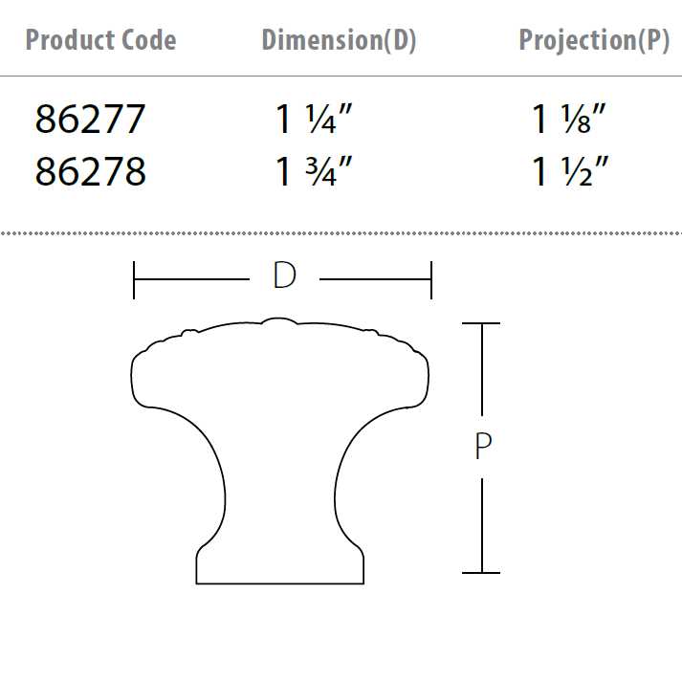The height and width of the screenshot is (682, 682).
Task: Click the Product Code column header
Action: [100, 40]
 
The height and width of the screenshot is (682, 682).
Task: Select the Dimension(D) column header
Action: [339, 40]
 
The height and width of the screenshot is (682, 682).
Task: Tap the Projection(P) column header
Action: [593, 40]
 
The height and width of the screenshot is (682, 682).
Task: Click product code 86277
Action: [90, 120]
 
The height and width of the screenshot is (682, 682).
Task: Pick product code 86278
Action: [90, 171]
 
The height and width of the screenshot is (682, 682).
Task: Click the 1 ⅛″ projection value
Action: [570, 120]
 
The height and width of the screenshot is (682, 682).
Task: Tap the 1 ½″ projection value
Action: [570, 171]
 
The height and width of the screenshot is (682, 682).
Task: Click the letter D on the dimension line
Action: [284, 276]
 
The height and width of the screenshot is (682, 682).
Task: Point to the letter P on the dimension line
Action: [482, 447]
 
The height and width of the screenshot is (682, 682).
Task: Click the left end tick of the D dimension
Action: [134, 279]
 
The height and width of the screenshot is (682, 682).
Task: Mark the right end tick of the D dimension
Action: [432, 279]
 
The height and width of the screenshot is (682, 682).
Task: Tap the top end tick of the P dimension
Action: [481, 324]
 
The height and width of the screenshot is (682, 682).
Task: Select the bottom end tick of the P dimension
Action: [481, 573]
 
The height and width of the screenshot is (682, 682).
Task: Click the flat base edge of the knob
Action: [280, 583]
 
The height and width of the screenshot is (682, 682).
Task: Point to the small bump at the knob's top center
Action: [279, 321]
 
